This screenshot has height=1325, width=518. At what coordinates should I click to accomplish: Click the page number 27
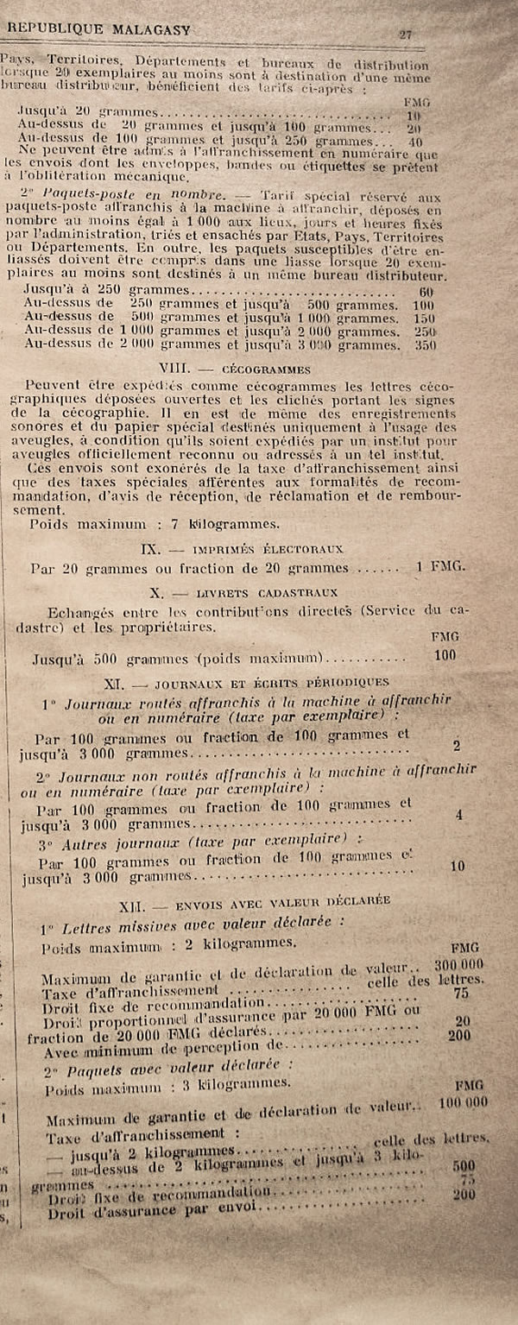[x=405, y=34]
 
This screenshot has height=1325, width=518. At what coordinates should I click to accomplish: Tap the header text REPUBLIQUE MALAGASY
[x=99, y=29]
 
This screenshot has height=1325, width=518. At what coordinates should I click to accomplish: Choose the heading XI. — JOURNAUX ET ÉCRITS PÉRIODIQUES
[x=246, y=682]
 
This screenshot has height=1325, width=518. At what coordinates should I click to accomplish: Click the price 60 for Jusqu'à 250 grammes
[x=426, y=292]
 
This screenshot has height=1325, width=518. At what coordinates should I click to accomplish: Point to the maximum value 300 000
[x=458, y=964]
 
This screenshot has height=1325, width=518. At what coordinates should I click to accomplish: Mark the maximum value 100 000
[x=463, y=1102]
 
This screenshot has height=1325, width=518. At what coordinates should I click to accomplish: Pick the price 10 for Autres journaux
[x=457, y=866]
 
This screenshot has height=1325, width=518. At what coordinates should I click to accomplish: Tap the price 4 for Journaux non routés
[x=458, y=814]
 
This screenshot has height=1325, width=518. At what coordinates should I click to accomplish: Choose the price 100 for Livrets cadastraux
[x=445, y=655]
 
